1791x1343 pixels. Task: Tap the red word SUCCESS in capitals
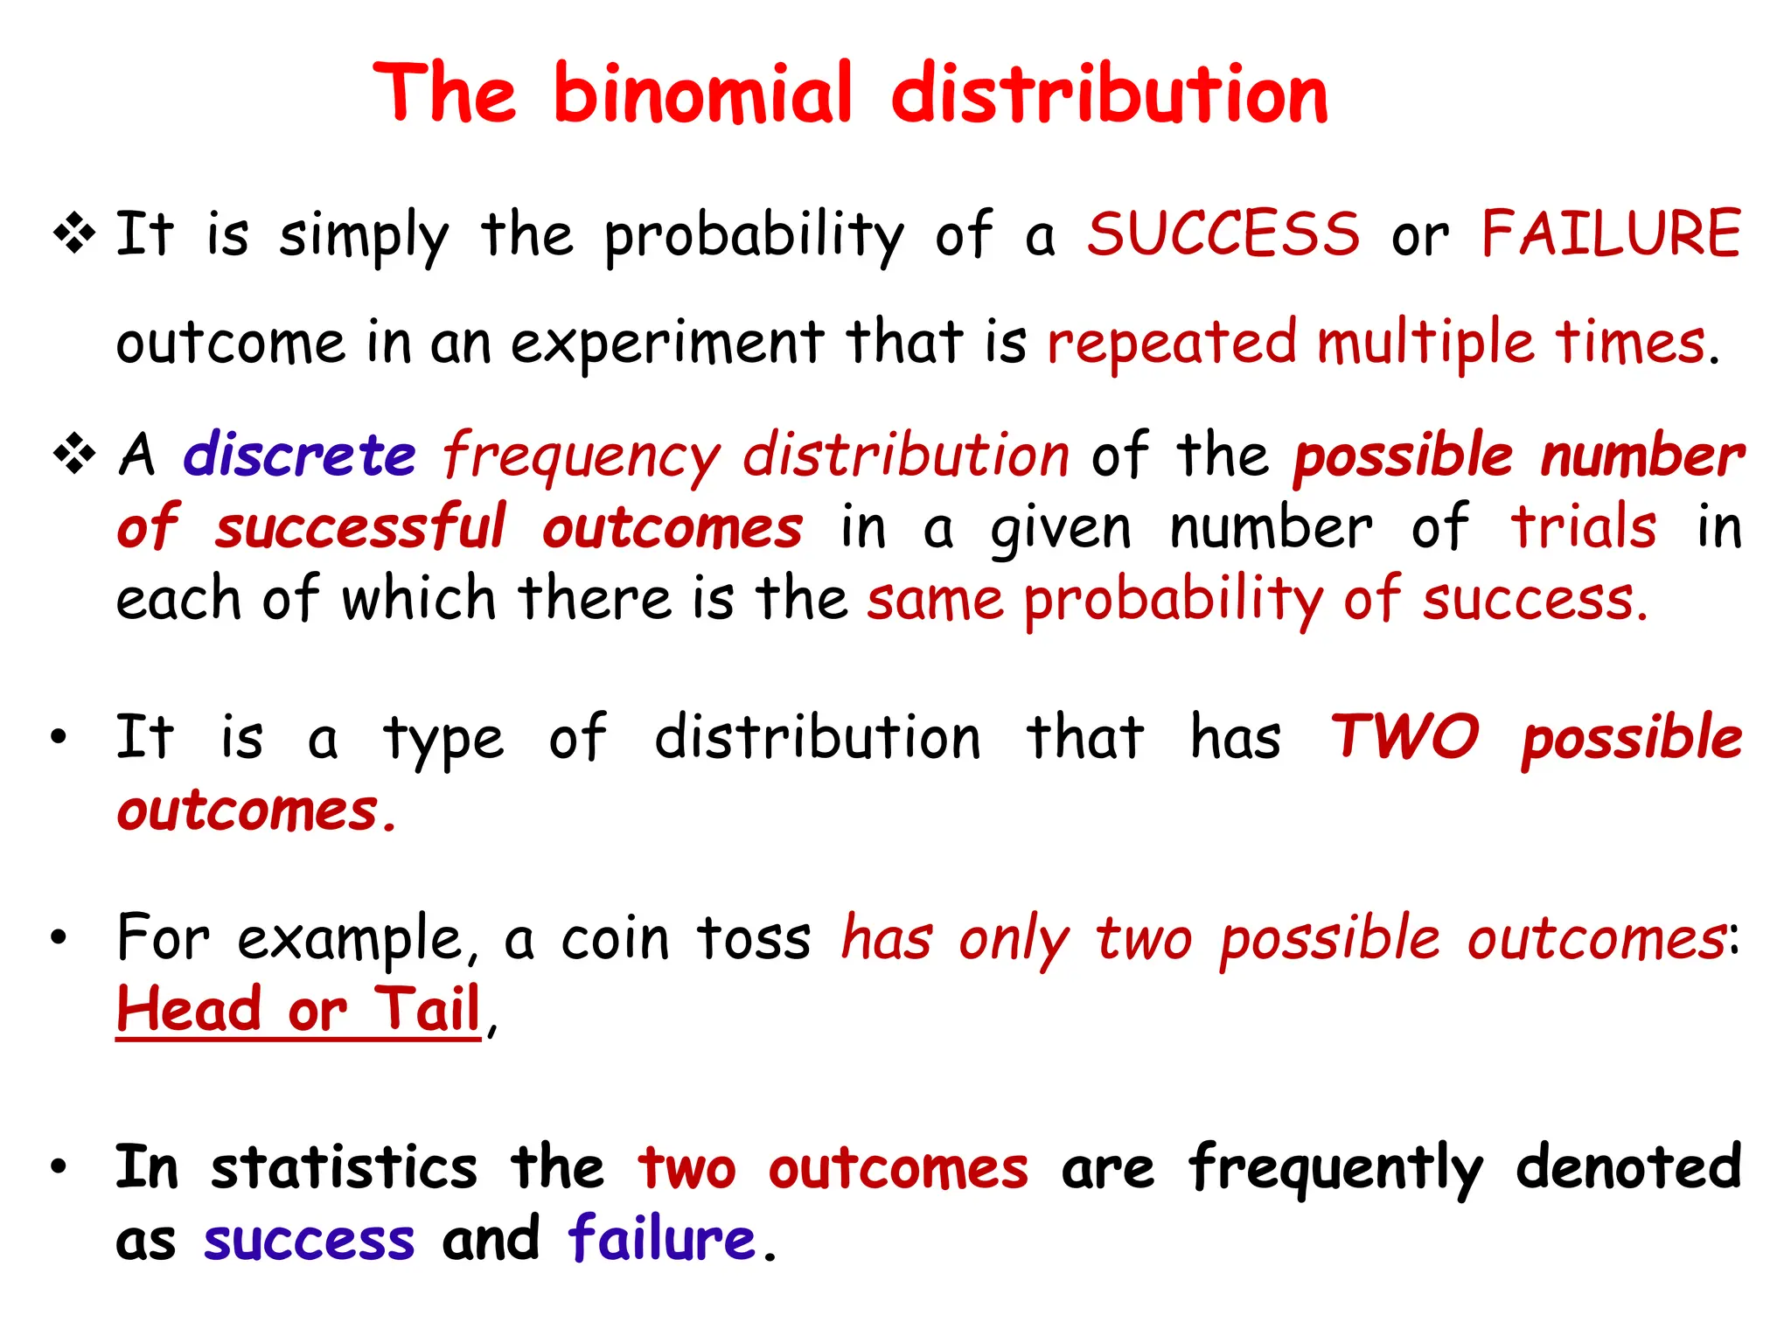click(x=1223, y=234)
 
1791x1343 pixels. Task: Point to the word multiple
click(x=1425, y=343)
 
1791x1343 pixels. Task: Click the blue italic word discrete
click(x=299, y=456)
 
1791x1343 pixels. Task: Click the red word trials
click(x=1584, y=527)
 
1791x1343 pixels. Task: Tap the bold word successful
click(x=360, y=527)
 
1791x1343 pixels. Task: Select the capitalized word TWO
click(x=1404, y=737)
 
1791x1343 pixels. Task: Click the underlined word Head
click(x=189, y=1009)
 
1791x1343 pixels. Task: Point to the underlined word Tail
click(x=428, y=1009)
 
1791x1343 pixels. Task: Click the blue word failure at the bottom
click(x=661, y=1239)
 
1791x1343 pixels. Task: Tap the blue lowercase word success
click(x=309, y=1241)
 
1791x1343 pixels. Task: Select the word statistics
click(x=344, y=1168)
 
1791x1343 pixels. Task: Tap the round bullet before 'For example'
click(x=59, y=939)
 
